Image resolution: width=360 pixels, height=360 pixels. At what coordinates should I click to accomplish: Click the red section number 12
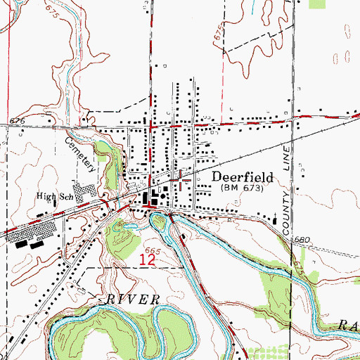point(147,259)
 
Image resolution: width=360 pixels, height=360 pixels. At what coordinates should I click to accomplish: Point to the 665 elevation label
point(153,250)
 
